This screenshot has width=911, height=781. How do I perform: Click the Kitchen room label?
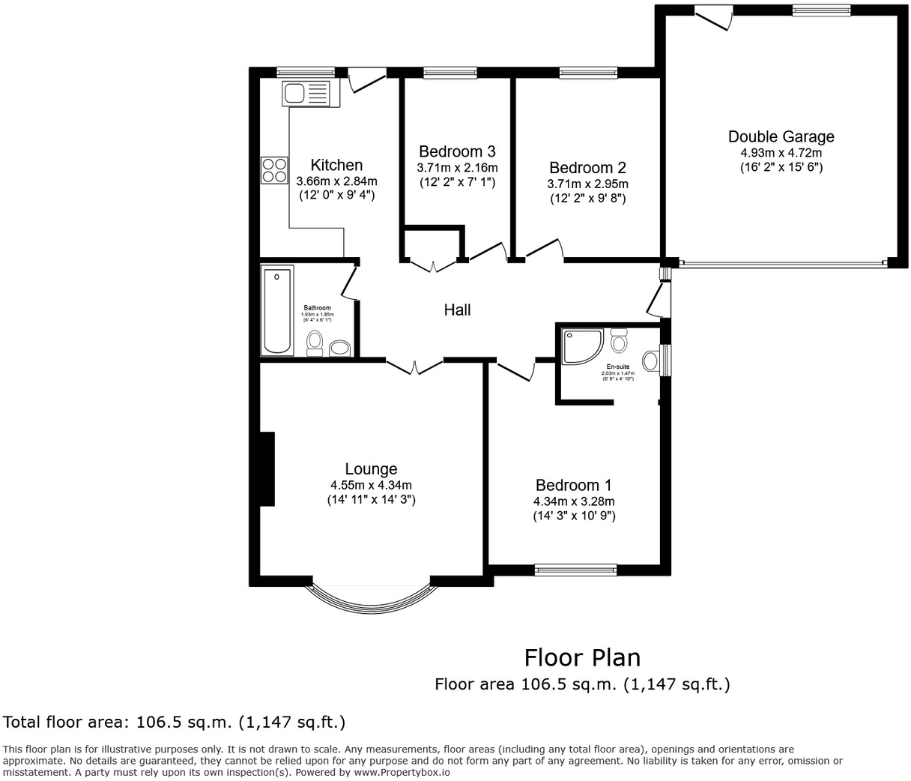click(x=336, y=165)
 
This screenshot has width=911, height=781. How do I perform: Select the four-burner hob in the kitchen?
click(x=274, y=170)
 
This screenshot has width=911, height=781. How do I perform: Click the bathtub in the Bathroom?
click(x=277, y=310)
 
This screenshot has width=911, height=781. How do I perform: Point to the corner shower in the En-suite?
click(x=580, y=346)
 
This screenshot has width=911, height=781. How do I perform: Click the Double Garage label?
click(x=781, y=136)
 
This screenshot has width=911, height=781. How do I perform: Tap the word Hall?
click(x=457, y=310)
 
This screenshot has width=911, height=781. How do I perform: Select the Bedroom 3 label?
click(x=457, y=151)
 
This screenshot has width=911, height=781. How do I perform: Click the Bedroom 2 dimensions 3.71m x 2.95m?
click(x=588, y=184)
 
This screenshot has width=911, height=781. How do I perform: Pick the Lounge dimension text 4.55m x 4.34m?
click(x=371, y=485)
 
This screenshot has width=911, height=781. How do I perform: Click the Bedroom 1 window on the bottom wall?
click(x=575, y=570)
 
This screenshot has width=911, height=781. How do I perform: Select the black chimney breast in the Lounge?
click(x=267, y=469)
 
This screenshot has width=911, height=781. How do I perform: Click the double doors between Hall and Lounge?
click(x=414, y=365)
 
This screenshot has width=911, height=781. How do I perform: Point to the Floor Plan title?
click(x=582, y=657)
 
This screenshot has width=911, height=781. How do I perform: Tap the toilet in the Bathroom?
click(x=315, y=343)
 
